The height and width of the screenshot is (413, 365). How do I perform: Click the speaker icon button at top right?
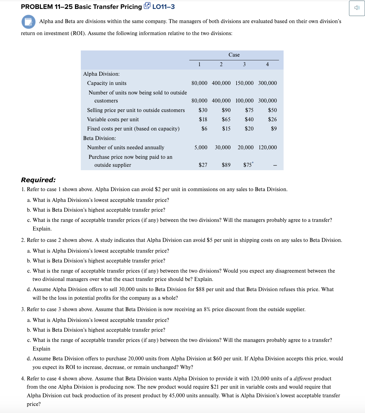pos(357,8)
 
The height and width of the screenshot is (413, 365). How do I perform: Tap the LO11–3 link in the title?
pos(163,7)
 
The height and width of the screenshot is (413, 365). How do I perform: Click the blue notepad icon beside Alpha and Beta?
pos(28,22)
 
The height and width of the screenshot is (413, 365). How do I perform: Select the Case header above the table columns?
pos(234,55)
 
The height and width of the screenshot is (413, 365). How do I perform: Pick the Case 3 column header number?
pos(244,64)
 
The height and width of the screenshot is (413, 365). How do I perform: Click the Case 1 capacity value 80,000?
pos(199,83)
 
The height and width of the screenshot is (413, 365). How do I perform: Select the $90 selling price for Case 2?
pos(226,110)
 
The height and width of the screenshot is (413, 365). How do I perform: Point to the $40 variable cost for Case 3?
pos(249,119)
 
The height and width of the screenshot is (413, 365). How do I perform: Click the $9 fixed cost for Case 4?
pos(273,129)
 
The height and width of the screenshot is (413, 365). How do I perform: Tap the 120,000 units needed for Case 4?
pos(267,147)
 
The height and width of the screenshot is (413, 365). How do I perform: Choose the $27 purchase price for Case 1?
pos(203,165)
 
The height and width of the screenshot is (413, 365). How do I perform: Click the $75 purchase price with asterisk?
pos(248,165)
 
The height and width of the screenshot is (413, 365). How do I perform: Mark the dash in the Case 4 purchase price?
pos(275,166)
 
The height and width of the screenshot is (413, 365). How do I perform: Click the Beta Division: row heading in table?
pos(100,138)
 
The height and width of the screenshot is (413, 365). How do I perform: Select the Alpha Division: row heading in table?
pos(101,74)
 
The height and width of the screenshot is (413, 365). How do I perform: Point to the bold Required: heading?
pos(38,180)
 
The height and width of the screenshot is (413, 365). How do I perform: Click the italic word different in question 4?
pos(302,379)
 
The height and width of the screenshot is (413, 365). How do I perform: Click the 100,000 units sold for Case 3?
pos(244,101)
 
